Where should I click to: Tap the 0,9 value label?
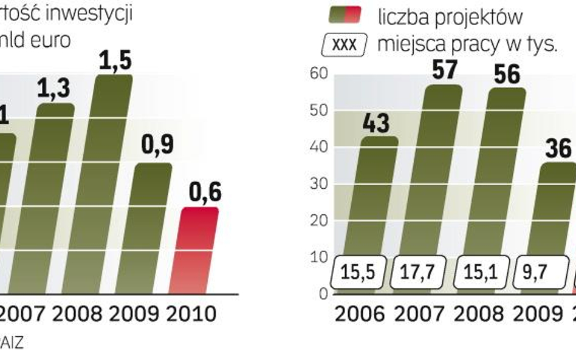pos(157,146)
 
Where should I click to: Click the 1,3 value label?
pos(53,89)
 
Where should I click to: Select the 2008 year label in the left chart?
pos(77,314)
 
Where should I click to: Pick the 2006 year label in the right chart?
pos(360,313)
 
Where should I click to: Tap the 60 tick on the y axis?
pos(319,74)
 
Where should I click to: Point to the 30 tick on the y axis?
pos(319,185)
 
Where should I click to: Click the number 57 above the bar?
pos(444,70)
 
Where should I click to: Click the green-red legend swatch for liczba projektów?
pos(345,15)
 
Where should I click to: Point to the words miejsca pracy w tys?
pos(467,44)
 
